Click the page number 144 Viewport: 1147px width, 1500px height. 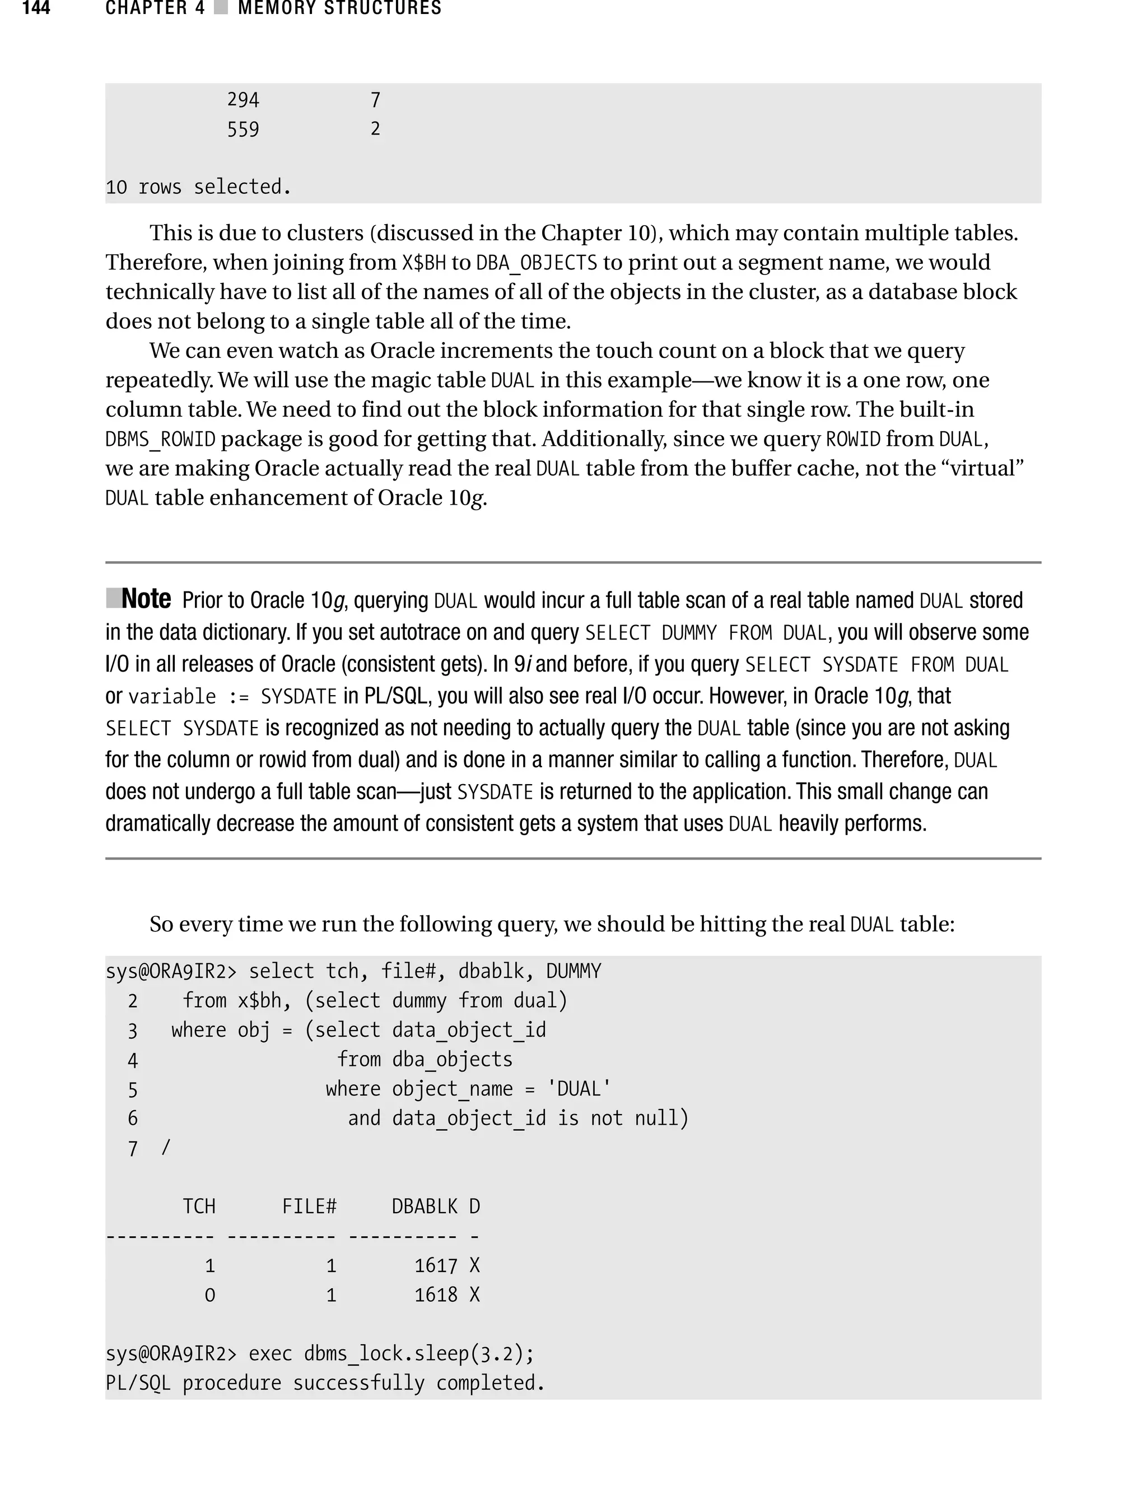[x=36, y=8]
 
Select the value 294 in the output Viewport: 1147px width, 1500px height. [x=243, y=100]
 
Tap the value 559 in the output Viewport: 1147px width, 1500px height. [x=243, y=129]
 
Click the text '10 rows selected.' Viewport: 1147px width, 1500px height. [x=198, y=187]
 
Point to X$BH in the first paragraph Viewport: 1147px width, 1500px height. [x=423, y=263]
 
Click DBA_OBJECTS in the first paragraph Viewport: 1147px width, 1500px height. [x=537, y=263]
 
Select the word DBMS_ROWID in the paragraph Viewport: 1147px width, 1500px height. [x=160, y=439]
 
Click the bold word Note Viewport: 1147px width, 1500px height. [x=146, y=599]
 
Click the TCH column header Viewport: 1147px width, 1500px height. [x=199, y=1206]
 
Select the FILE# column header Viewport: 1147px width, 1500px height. [x=309, y=1206]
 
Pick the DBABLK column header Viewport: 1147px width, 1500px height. [x=424, y=1206]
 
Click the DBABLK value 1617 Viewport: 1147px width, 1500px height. [x=436, y=1266]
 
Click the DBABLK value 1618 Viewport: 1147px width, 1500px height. [x=436, y=1295]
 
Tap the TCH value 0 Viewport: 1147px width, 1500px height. [x=209, y=1295]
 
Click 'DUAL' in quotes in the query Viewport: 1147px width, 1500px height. [x=580, y=1089]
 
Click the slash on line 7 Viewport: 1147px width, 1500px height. [x=165, y=1148]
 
